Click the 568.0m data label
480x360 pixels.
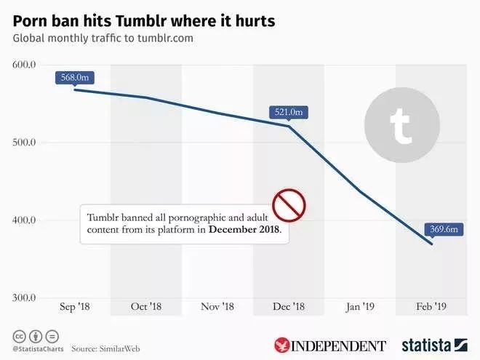click(x=74, y=78)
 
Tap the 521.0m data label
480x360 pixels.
click(x=289, y=112)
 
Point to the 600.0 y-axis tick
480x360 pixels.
click(x=25, y=65)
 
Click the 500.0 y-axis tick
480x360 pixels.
click(x=25, y=143)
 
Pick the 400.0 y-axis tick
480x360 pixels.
click(x=25, y=220)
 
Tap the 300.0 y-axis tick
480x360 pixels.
click(x=25, y=297)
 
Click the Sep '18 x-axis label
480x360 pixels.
click(x=74, y=307)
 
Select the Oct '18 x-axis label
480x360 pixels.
click(x=146, y=307)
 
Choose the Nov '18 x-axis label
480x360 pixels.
click(x=217, y=307)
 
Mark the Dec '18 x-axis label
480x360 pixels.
click(x=289, y=307)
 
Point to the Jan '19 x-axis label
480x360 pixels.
click(x=361, y=307)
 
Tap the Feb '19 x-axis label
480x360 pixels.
click(x=432, y=307)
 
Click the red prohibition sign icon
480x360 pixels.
click(x=288, y=205)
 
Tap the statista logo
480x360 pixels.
click(x=434, y=344)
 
